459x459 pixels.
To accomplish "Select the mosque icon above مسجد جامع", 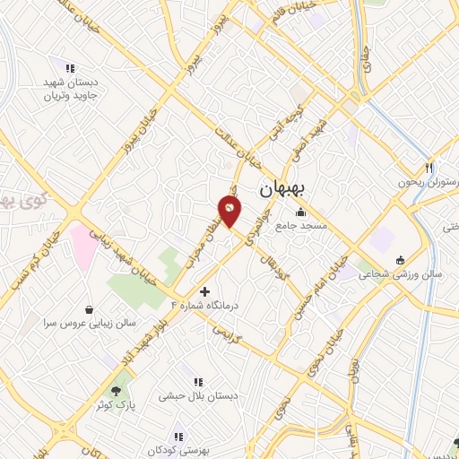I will tap(299, 213).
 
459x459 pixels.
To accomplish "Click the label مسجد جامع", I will tap(301, 226).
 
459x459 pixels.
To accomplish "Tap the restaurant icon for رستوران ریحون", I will tap(429, 168).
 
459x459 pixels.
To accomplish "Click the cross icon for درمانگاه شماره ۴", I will tap(205, 291).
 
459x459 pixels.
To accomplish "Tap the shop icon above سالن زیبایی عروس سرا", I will tap(89, 307).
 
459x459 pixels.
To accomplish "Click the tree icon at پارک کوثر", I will tap(115, 390).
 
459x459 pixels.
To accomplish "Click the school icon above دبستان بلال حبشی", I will tap(198, 382).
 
